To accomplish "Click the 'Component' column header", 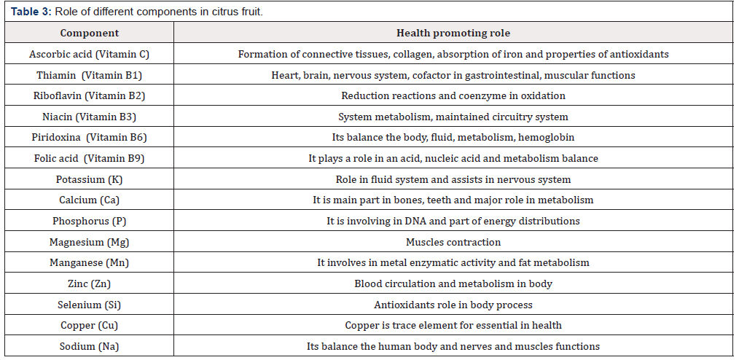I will click(x=89, y=33).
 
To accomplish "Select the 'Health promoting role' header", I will click(x=453, y=33).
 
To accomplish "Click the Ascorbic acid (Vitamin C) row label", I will click(x=90, y=54).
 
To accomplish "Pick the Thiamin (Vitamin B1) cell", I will click(x=90, y=75).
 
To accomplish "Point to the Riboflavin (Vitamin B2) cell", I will click(x=90, y=95).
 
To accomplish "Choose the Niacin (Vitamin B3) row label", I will click(x=90, y=117).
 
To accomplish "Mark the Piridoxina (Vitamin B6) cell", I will click(x=90, y=137).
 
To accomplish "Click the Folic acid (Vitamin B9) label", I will click(x=90, y=158).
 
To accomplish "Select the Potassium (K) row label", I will click(x=90, y=179).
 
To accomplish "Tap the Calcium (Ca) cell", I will click(x=90, y=200).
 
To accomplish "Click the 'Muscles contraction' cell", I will click(x=453, y=242).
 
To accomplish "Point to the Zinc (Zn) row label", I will click(x=90, y=283).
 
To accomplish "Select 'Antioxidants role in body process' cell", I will click(x=453, y=305).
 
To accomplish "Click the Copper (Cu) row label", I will click(x=90, y=325).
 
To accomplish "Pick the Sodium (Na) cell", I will click(x=90, y=346).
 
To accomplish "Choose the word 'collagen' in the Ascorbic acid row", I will click(x=404, y=54).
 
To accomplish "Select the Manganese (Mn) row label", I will click(x=90, y=262).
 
